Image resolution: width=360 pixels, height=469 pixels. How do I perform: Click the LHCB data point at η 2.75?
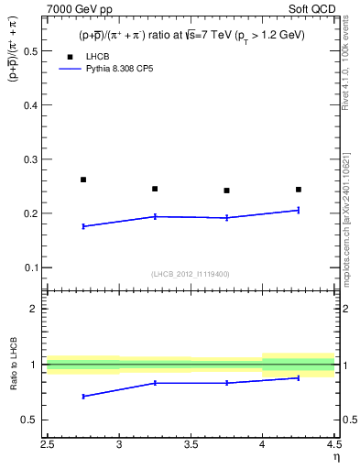[x=83, y=180]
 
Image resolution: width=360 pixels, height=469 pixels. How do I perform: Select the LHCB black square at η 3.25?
[x=155, y=189]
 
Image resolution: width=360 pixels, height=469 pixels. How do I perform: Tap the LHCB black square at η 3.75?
[x=226, y=191]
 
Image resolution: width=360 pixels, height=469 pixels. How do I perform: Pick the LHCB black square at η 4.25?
[x=299, y=190]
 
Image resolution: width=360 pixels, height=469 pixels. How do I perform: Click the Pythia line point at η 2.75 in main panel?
[x=83, y=226]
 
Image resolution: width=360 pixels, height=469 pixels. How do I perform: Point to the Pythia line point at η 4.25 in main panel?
[x=299, y=210]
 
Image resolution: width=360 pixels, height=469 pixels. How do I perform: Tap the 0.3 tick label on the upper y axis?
[x=29, y=159]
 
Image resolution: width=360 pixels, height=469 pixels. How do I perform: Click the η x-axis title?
[x=335, y=457]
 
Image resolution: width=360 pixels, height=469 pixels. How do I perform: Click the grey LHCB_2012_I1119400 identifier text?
[x=191, y=274]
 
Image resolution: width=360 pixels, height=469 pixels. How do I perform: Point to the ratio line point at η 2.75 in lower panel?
[x=83, y=397]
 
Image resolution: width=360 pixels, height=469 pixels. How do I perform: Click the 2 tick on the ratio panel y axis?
[x=33, y=309]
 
